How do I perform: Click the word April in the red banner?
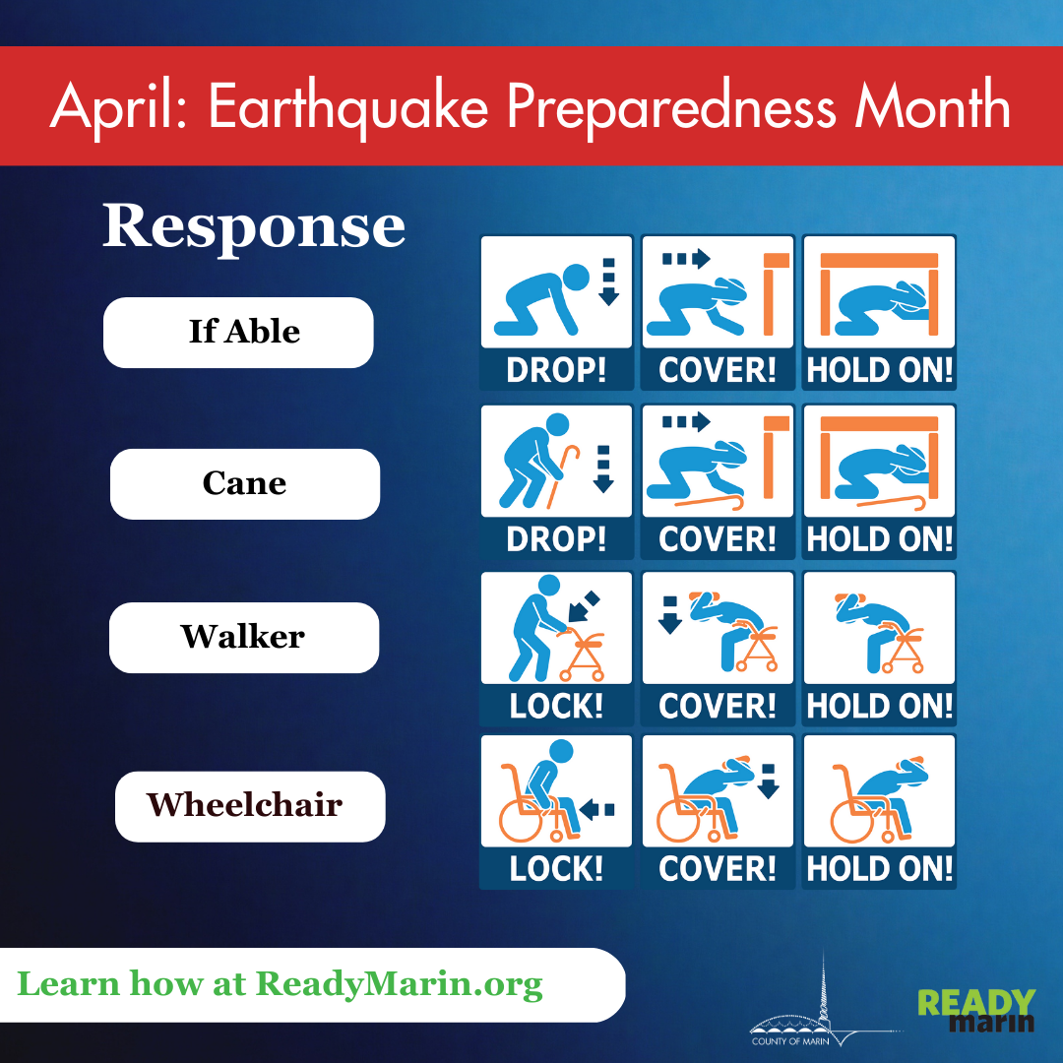(118, 106)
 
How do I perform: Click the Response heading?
(254, 226)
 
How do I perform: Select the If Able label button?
(239, 332)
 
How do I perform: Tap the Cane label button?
(245, 483)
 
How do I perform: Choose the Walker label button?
(243, 637)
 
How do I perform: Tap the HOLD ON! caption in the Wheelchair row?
(879, 868)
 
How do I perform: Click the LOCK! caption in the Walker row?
(556, 706)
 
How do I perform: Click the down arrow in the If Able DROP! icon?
(608, 281)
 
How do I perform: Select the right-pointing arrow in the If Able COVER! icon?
(687, 260)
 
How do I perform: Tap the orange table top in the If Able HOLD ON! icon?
(879, 260)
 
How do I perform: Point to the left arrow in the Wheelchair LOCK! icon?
(597, 809)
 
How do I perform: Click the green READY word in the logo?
(975, 1003)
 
